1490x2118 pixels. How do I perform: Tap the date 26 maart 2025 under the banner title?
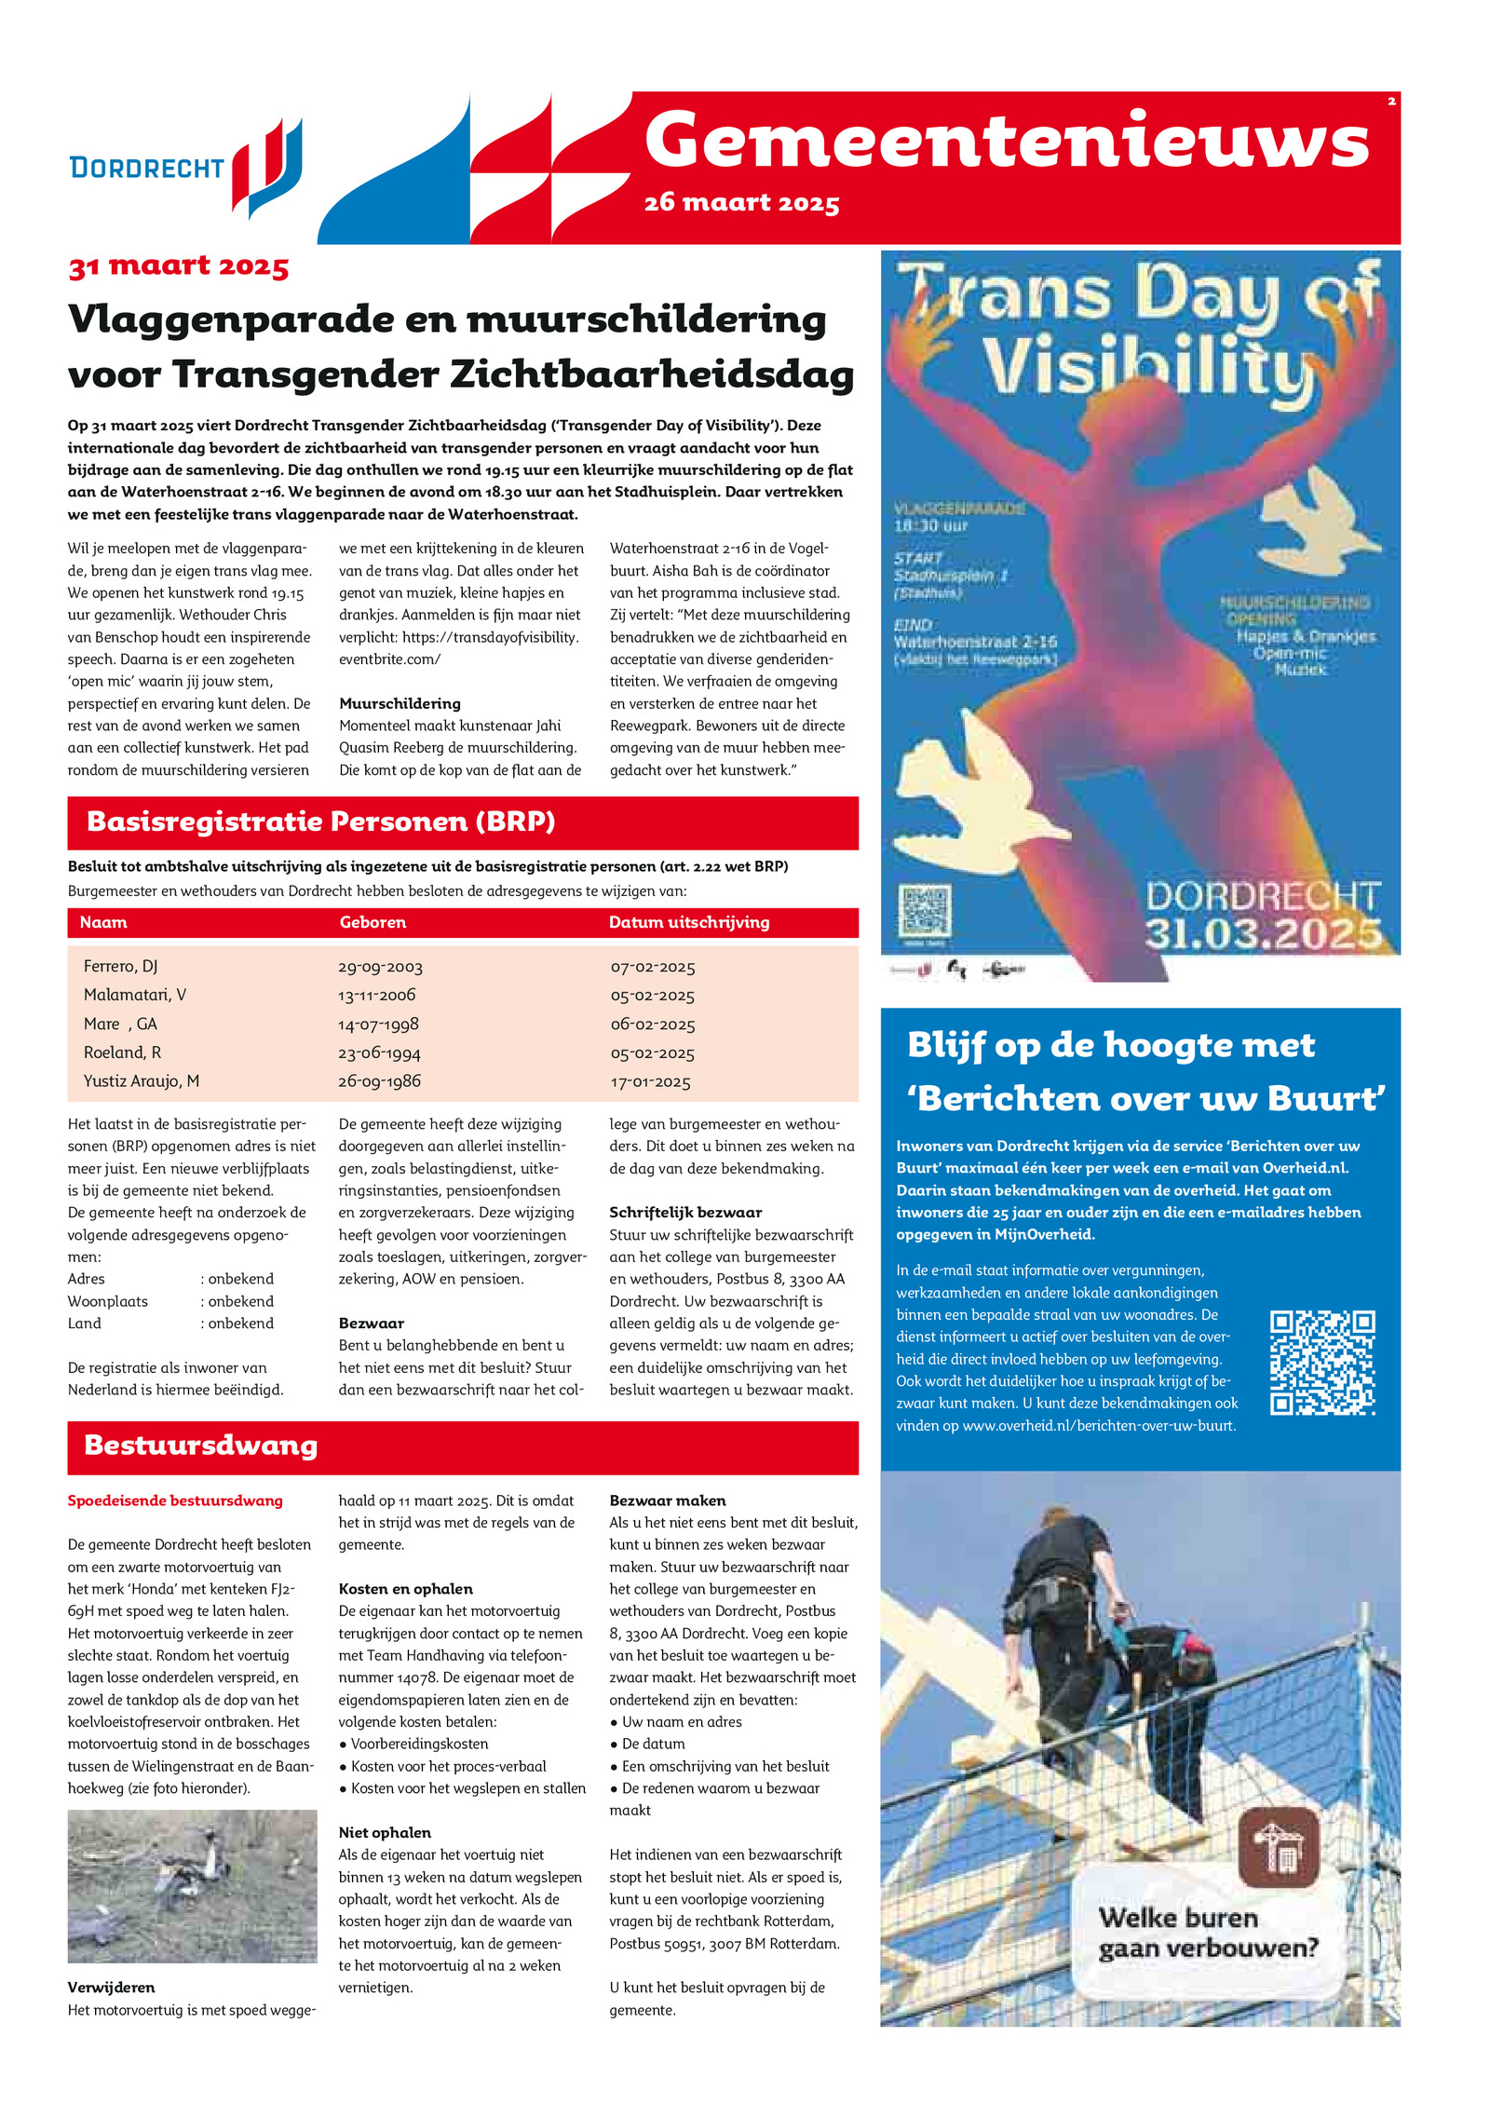coord(741,202)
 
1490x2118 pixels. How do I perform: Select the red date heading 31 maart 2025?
coord(178,266)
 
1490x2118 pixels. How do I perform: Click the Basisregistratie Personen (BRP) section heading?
coord(320,821)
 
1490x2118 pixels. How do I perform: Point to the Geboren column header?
coord(372,922)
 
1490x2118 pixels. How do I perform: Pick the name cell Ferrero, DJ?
coord(121,967)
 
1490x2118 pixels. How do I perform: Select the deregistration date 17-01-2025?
coord(650,1081)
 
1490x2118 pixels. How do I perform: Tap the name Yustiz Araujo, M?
coord(142,1081)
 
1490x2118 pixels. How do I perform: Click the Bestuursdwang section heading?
coord(201,1445)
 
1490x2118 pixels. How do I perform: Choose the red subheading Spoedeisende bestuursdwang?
coord(175,1500)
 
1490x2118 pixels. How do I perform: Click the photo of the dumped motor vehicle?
coord(192,1886)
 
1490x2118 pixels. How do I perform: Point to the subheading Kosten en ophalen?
coord(405,1589)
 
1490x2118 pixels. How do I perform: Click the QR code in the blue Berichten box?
coord(1321,1363)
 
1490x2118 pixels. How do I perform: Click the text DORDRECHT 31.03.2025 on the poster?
coord(1262,915)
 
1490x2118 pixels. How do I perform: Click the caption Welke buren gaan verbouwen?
coord(1208,1933)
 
